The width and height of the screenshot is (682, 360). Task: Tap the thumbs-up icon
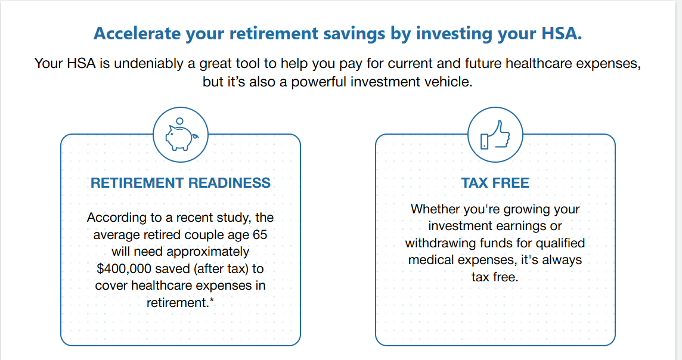tap(495, 135)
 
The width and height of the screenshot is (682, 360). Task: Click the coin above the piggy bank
tap(179, 121)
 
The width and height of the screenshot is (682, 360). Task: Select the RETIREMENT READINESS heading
tap(181, 182)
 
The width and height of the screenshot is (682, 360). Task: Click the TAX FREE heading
tap(495, 182)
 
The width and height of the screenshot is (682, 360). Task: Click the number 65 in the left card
tap(260, 235)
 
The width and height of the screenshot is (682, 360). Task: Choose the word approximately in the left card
tap(208, 252)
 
